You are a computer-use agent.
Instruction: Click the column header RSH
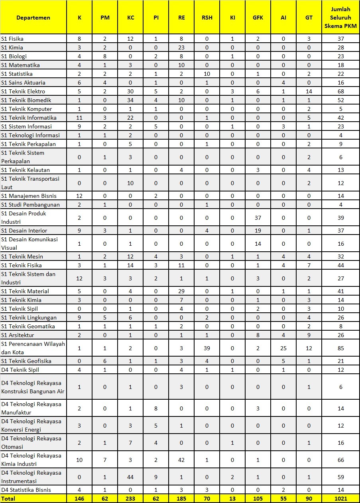point(207,17)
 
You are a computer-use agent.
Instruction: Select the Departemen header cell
point(33,17)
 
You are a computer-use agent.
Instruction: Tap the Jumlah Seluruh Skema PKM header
point(340,17)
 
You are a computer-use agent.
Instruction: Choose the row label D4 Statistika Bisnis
point(26,490)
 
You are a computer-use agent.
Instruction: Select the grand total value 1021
point(340,499)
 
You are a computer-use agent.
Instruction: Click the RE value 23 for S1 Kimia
point(181,47)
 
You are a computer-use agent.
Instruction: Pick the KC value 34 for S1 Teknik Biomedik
point(130,100)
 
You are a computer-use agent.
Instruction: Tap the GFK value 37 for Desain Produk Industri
point(258,218)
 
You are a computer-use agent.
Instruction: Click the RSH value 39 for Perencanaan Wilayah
point(207,348)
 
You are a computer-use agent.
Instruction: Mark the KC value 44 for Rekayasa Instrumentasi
point(130,477)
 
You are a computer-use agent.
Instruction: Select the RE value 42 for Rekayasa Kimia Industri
point(181,460)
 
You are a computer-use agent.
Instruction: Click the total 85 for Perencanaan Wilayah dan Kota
point(340,348)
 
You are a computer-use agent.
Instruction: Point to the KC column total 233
point(130,499)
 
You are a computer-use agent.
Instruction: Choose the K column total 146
point(79,499)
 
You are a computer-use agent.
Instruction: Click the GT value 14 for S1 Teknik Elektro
point(309,91)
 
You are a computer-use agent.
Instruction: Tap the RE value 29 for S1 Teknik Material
point(181,291)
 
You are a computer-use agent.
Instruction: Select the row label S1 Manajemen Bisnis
point(29,196)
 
